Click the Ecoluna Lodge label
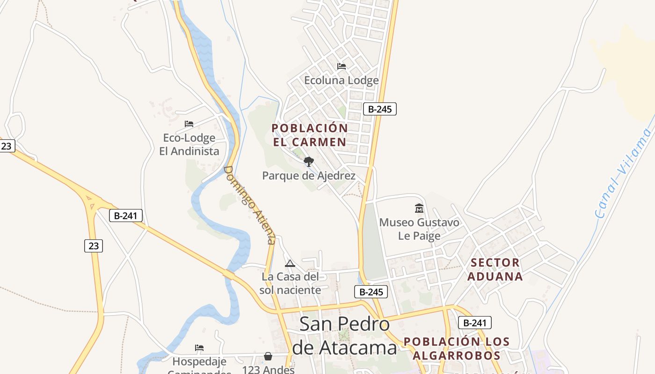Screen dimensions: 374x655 coord(341,80)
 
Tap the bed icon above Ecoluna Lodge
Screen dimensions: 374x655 coord(342,66)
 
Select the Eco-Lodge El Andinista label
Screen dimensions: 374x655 coord(189,144)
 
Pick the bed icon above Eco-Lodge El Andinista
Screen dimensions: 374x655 coord(189,124)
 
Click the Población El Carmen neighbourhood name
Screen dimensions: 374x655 coord(309,135)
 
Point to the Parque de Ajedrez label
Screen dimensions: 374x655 coord(309,176)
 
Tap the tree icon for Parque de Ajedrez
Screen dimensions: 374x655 coord(308,162)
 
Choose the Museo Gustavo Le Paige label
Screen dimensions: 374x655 coord(419,229)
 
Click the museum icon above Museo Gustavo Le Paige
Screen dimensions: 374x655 coord(419,208)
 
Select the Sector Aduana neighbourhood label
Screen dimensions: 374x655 coord(495,269)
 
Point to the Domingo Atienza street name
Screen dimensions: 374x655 coord(249,205)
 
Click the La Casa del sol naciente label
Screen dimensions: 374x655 coord(291,283)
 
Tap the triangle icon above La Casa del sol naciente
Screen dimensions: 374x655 coord(290,264)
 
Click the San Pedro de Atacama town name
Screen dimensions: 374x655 coord(344,336)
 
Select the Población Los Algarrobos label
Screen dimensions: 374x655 coord(456,348)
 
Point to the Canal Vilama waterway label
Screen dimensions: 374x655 coord(624,175)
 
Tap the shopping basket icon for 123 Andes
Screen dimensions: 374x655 coord(268,357)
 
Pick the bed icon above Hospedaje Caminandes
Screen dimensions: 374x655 coord(199,348)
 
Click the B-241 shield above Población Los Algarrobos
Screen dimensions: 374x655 coord(474,323)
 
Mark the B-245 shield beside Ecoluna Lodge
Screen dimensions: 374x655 coord(380,109)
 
